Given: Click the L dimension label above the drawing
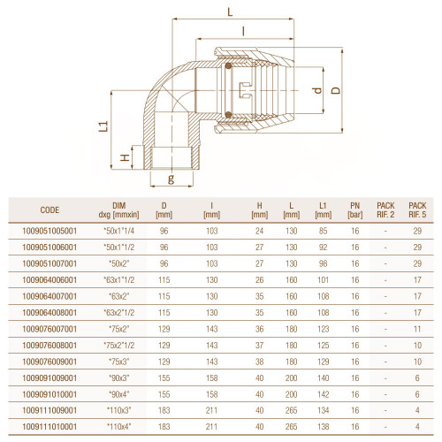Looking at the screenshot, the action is click(x=230, y=11).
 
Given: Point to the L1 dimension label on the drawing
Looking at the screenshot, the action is click(x=103, y=126).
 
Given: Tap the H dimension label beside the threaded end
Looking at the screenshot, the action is click(x=126, y=157).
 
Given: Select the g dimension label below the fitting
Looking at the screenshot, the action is click(x=171, y=179).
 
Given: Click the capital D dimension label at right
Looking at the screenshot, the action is click(x=336, y=90).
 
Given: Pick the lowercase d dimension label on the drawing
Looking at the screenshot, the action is click(x=317, y=90).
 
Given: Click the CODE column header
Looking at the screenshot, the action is click(x=50, y=210).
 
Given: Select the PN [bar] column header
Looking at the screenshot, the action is click(x=355, y=210).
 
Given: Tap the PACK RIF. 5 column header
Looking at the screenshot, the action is click(x=417, y=210).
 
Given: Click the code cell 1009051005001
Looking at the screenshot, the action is click(x=50, y=231).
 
